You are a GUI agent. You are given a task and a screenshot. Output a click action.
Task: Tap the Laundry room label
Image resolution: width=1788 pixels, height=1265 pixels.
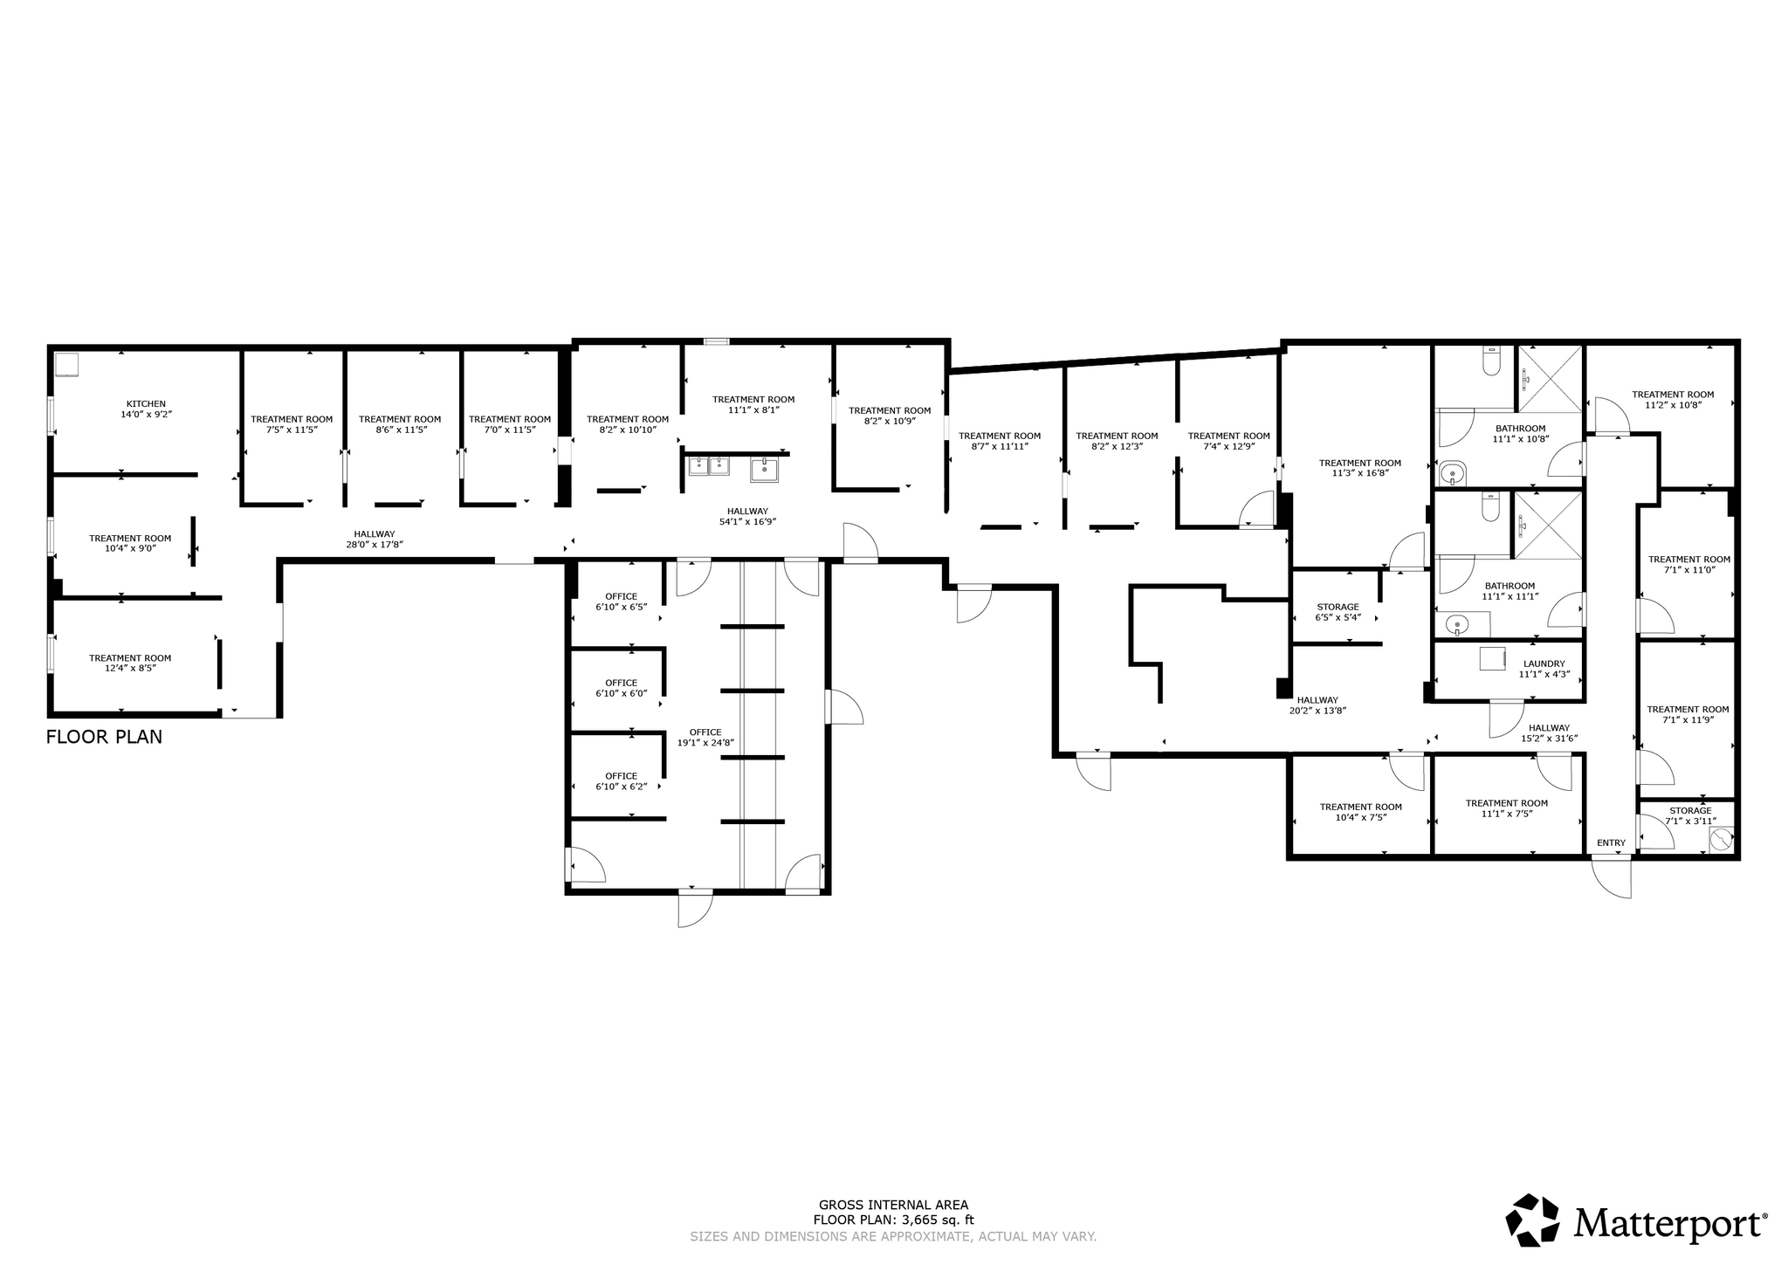[1544, 669]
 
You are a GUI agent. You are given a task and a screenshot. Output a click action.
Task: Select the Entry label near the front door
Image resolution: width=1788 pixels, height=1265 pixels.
[1611, 842]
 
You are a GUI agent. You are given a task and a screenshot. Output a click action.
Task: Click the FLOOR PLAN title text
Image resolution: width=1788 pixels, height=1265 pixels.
[104, 737]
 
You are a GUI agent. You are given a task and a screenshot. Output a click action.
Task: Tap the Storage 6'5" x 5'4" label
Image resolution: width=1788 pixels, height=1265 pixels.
[1338, 612]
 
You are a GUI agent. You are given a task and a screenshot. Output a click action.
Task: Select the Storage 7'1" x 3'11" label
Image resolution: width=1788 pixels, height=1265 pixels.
[1690, 815]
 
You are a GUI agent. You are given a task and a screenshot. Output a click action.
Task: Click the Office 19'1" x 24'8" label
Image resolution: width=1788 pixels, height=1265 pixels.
[705, 738]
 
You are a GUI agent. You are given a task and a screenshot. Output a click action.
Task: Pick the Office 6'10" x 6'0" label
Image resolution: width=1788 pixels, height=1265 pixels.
[621, 688]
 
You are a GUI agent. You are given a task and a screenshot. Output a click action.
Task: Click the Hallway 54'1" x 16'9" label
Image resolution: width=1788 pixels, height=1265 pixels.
[747, 516]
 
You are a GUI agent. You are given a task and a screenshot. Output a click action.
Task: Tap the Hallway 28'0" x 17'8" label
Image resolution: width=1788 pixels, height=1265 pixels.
[374, 539]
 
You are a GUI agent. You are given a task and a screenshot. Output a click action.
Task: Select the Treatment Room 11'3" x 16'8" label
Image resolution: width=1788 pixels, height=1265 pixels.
[1359, 468]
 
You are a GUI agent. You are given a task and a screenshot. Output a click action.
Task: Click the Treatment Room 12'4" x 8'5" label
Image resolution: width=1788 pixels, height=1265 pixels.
[130, 663]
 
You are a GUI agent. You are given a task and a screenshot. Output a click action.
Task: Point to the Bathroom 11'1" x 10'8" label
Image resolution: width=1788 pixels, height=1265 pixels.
[1520, 433]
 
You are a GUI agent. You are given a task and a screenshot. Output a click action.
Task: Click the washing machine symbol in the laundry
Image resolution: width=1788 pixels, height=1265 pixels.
[1493, 658]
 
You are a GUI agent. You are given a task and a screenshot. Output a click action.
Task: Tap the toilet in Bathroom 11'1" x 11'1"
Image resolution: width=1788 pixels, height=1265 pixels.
[1490, 507]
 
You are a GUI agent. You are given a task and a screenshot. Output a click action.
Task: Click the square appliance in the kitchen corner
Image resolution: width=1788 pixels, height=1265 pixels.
[67, 364]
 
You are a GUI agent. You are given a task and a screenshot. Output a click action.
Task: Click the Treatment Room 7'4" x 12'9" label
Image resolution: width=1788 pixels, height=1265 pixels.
[1228, 441]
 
